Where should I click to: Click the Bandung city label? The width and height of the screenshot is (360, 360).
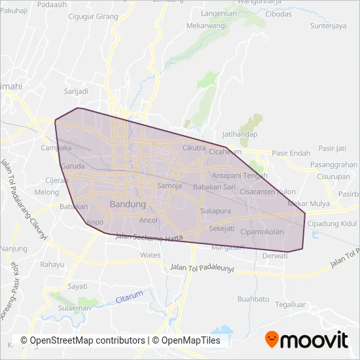pyautogui.click(x=128, y=204)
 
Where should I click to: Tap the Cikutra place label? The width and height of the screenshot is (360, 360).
pyautogui.click(x=194, y=147)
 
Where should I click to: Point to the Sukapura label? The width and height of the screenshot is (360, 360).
pyautogui.click(x=216, y=211)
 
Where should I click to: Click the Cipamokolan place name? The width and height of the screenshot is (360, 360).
pyautogui.click(x=262, y=232)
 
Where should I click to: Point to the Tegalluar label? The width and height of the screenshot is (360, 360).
pyautogui.click(x=291, y=304)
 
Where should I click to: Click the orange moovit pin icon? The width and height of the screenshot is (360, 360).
pyautogui.click(x=272, y=339)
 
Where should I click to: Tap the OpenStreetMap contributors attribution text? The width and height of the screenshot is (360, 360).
pyautogui.click(x=82, y=340)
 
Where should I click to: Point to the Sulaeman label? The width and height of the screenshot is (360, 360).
pyautogui.click(x=73, y=308)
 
